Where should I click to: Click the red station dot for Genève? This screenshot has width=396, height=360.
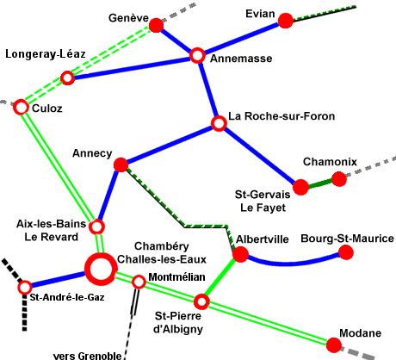pos(156,25)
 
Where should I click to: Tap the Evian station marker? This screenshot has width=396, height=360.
pos(286,21)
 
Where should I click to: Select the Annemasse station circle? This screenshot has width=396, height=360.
pos(197,55)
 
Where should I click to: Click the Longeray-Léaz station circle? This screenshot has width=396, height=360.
pos(67,78)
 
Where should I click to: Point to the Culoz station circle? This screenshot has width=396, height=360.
pos(21,107)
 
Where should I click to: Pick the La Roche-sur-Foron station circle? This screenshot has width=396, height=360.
pos(219,123)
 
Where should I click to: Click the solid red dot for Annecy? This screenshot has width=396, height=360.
pos(121,164)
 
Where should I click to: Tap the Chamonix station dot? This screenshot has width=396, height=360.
pos(339,179)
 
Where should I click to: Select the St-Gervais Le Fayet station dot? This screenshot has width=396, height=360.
pos(300,187)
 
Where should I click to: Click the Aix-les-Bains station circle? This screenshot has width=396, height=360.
pos(96,227)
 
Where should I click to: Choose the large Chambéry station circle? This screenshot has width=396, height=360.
pos(101,269)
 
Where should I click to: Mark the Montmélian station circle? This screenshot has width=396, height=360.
pos(139,282)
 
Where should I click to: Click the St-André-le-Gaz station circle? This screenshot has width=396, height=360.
pos(25,287)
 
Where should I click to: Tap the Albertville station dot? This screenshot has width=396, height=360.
pos(240,254)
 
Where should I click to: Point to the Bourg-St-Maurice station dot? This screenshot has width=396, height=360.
pos(346,252)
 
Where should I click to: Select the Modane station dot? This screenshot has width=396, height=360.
pos(334,344)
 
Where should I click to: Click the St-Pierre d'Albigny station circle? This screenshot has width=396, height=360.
pos(201,301)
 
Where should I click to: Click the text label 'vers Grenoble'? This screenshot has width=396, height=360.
pos(88,356)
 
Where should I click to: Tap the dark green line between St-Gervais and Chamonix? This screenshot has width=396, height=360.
pos(320,183)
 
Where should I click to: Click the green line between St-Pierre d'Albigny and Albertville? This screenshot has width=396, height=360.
pos(221,278)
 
